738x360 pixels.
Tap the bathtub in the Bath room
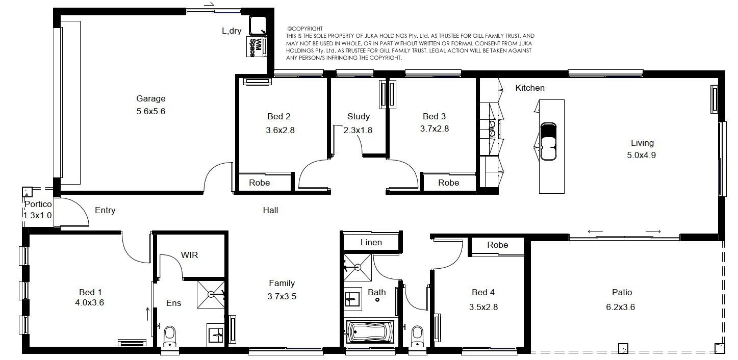click(x=371, y=331)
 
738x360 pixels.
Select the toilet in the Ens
click(x=170, y=336)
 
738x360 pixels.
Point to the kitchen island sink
click(x=548, y=142)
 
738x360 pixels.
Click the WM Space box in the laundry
click(x=257, y=47)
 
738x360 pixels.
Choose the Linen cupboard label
click(x=371, y=242)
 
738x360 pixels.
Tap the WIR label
click(x=189, y=255)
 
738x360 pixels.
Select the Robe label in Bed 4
click(x=497, y=245)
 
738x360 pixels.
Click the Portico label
click(x=38, y=204)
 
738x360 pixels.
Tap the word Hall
click(x=270, y=210)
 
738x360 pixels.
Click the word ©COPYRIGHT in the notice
click(x=305, y=29)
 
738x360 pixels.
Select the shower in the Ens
click(x=211, y=294)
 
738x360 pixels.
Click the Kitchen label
click(x=530, y=88)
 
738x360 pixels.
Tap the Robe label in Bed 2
click(x=259, y=183)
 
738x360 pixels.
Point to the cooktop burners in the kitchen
click(x=492, y=129)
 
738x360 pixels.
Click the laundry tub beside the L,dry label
click(x=258, y=25)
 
